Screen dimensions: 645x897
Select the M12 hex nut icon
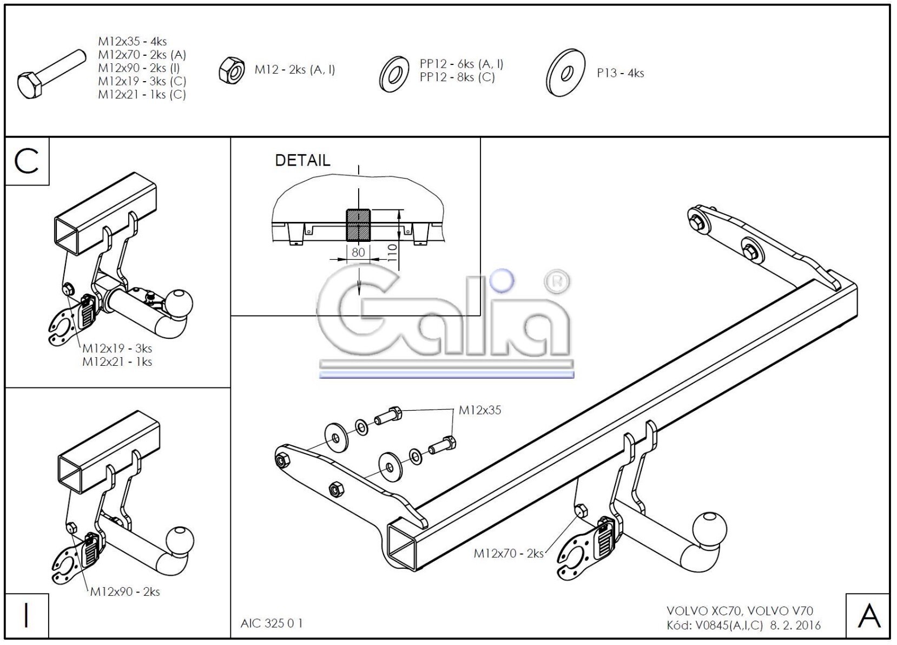(x=232, y=70)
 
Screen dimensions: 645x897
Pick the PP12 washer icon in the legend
(x=394, y=74)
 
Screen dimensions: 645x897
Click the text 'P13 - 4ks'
(x=620, y=73)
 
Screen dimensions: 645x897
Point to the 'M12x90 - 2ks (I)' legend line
(x=138, y=68)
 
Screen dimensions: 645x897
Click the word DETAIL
(x=302, y=160)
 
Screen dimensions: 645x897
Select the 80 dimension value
(x=358, y=252)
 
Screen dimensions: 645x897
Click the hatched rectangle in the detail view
(x=358, y=225)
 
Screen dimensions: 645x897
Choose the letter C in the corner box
(x=27, y=161)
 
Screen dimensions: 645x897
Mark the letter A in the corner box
(x=868, y=616)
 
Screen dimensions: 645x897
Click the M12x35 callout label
(x=480, y=410)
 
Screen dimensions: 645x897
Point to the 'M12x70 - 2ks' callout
(x=508, y=553)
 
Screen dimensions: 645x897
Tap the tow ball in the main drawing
(x=710, y=527)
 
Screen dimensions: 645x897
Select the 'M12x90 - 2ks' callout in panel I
(x=125, y=591)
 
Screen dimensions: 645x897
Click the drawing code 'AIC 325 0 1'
(x=272, y=623)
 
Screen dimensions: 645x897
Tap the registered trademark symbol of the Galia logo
(x=556, y=282)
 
